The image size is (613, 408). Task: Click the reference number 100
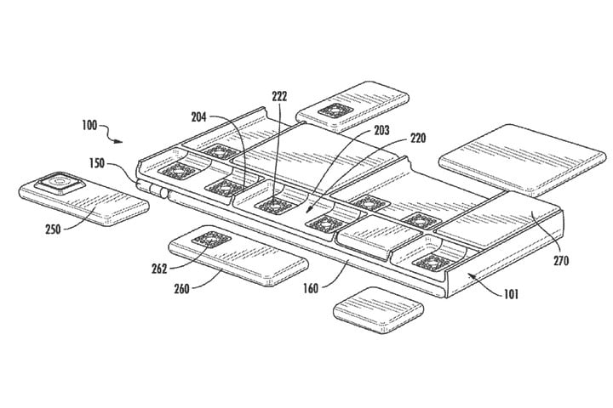(x=89, y=125)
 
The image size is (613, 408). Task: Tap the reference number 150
(x=97, y=163)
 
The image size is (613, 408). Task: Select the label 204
(x=198, y=117)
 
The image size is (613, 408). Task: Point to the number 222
(x=279, y=96)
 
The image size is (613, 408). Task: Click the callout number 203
(x=381, y=130)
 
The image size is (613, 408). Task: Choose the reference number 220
(x=418, y=138)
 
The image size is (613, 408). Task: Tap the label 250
(x=53, y=229)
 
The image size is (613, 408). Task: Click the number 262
(x=159, y=269)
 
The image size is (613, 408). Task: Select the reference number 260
(x=182, y=289)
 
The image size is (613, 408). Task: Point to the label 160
(x=311, y=288)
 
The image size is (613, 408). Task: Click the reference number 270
(x=560, y=260)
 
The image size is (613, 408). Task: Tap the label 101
(x=511, y=294)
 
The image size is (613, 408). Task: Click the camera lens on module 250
(x=60, y=182)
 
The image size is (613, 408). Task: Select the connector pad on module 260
(x=211, y=239)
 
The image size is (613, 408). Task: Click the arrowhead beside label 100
(x=118, y=141)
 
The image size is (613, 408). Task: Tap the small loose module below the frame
(x=378, y=310)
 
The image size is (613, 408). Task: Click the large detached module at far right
(x=524, y=160)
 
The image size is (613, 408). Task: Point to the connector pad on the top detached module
(x=336, y=110)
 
